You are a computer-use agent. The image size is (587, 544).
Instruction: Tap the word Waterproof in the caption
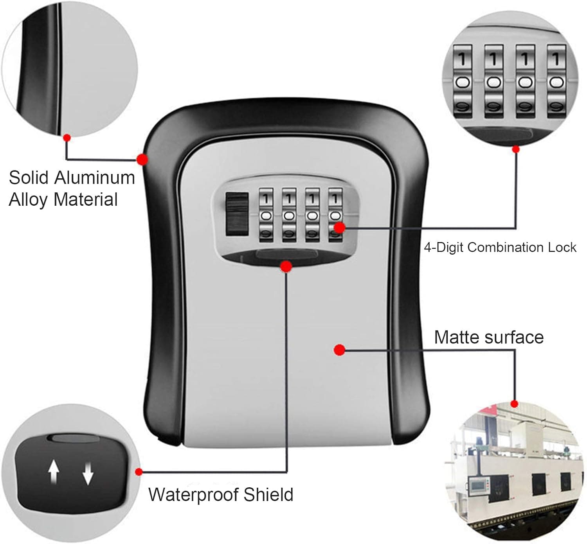(x=193, y=495)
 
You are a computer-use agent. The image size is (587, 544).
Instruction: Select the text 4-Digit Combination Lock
(x=500, y=247)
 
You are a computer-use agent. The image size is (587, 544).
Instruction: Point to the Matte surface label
(x=489, y=337)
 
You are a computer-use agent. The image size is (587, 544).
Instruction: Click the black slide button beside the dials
(x=237, y=214)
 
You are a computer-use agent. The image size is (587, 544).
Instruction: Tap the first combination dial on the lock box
(x=266, y=215)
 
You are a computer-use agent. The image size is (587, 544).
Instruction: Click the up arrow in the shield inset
(x=54, y=471)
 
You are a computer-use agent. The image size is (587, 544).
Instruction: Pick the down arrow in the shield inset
(x=88, y=472)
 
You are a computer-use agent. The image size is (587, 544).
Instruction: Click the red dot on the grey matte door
(x=340, y=350)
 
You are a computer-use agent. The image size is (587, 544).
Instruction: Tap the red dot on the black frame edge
(x=142, y=159)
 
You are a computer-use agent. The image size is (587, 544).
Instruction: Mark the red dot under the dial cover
(x=286, y=267)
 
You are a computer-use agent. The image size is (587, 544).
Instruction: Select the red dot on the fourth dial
(x=339, y=227)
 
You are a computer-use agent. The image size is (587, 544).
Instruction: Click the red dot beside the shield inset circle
(x=139, y=472)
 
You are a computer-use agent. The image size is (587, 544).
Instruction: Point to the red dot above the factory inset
(x=515, y=404)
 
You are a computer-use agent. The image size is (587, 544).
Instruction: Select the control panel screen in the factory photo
(x=477, y=486)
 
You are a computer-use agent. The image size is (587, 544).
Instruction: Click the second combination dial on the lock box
(x=289, y=215)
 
